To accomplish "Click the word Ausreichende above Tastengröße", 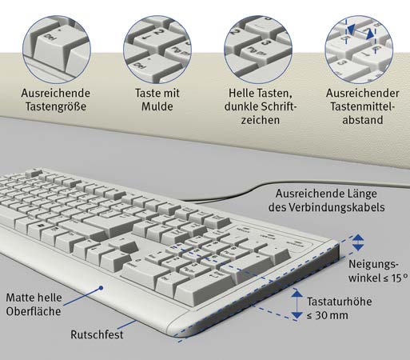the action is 56,93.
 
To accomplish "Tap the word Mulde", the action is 157,106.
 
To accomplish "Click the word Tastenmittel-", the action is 363,106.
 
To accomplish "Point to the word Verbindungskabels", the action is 336,207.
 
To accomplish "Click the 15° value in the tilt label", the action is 400,278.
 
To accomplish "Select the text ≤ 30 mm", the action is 328,315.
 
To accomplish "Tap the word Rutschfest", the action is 97,334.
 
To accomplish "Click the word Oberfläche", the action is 34,311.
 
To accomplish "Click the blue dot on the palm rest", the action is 101,288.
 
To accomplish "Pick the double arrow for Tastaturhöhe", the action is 297,304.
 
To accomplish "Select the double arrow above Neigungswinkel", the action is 358,242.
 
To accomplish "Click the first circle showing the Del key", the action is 57,50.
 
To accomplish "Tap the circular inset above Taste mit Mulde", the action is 157,50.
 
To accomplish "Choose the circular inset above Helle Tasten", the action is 258,50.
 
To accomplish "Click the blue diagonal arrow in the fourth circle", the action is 360,31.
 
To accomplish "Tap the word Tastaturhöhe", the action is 340,302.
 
